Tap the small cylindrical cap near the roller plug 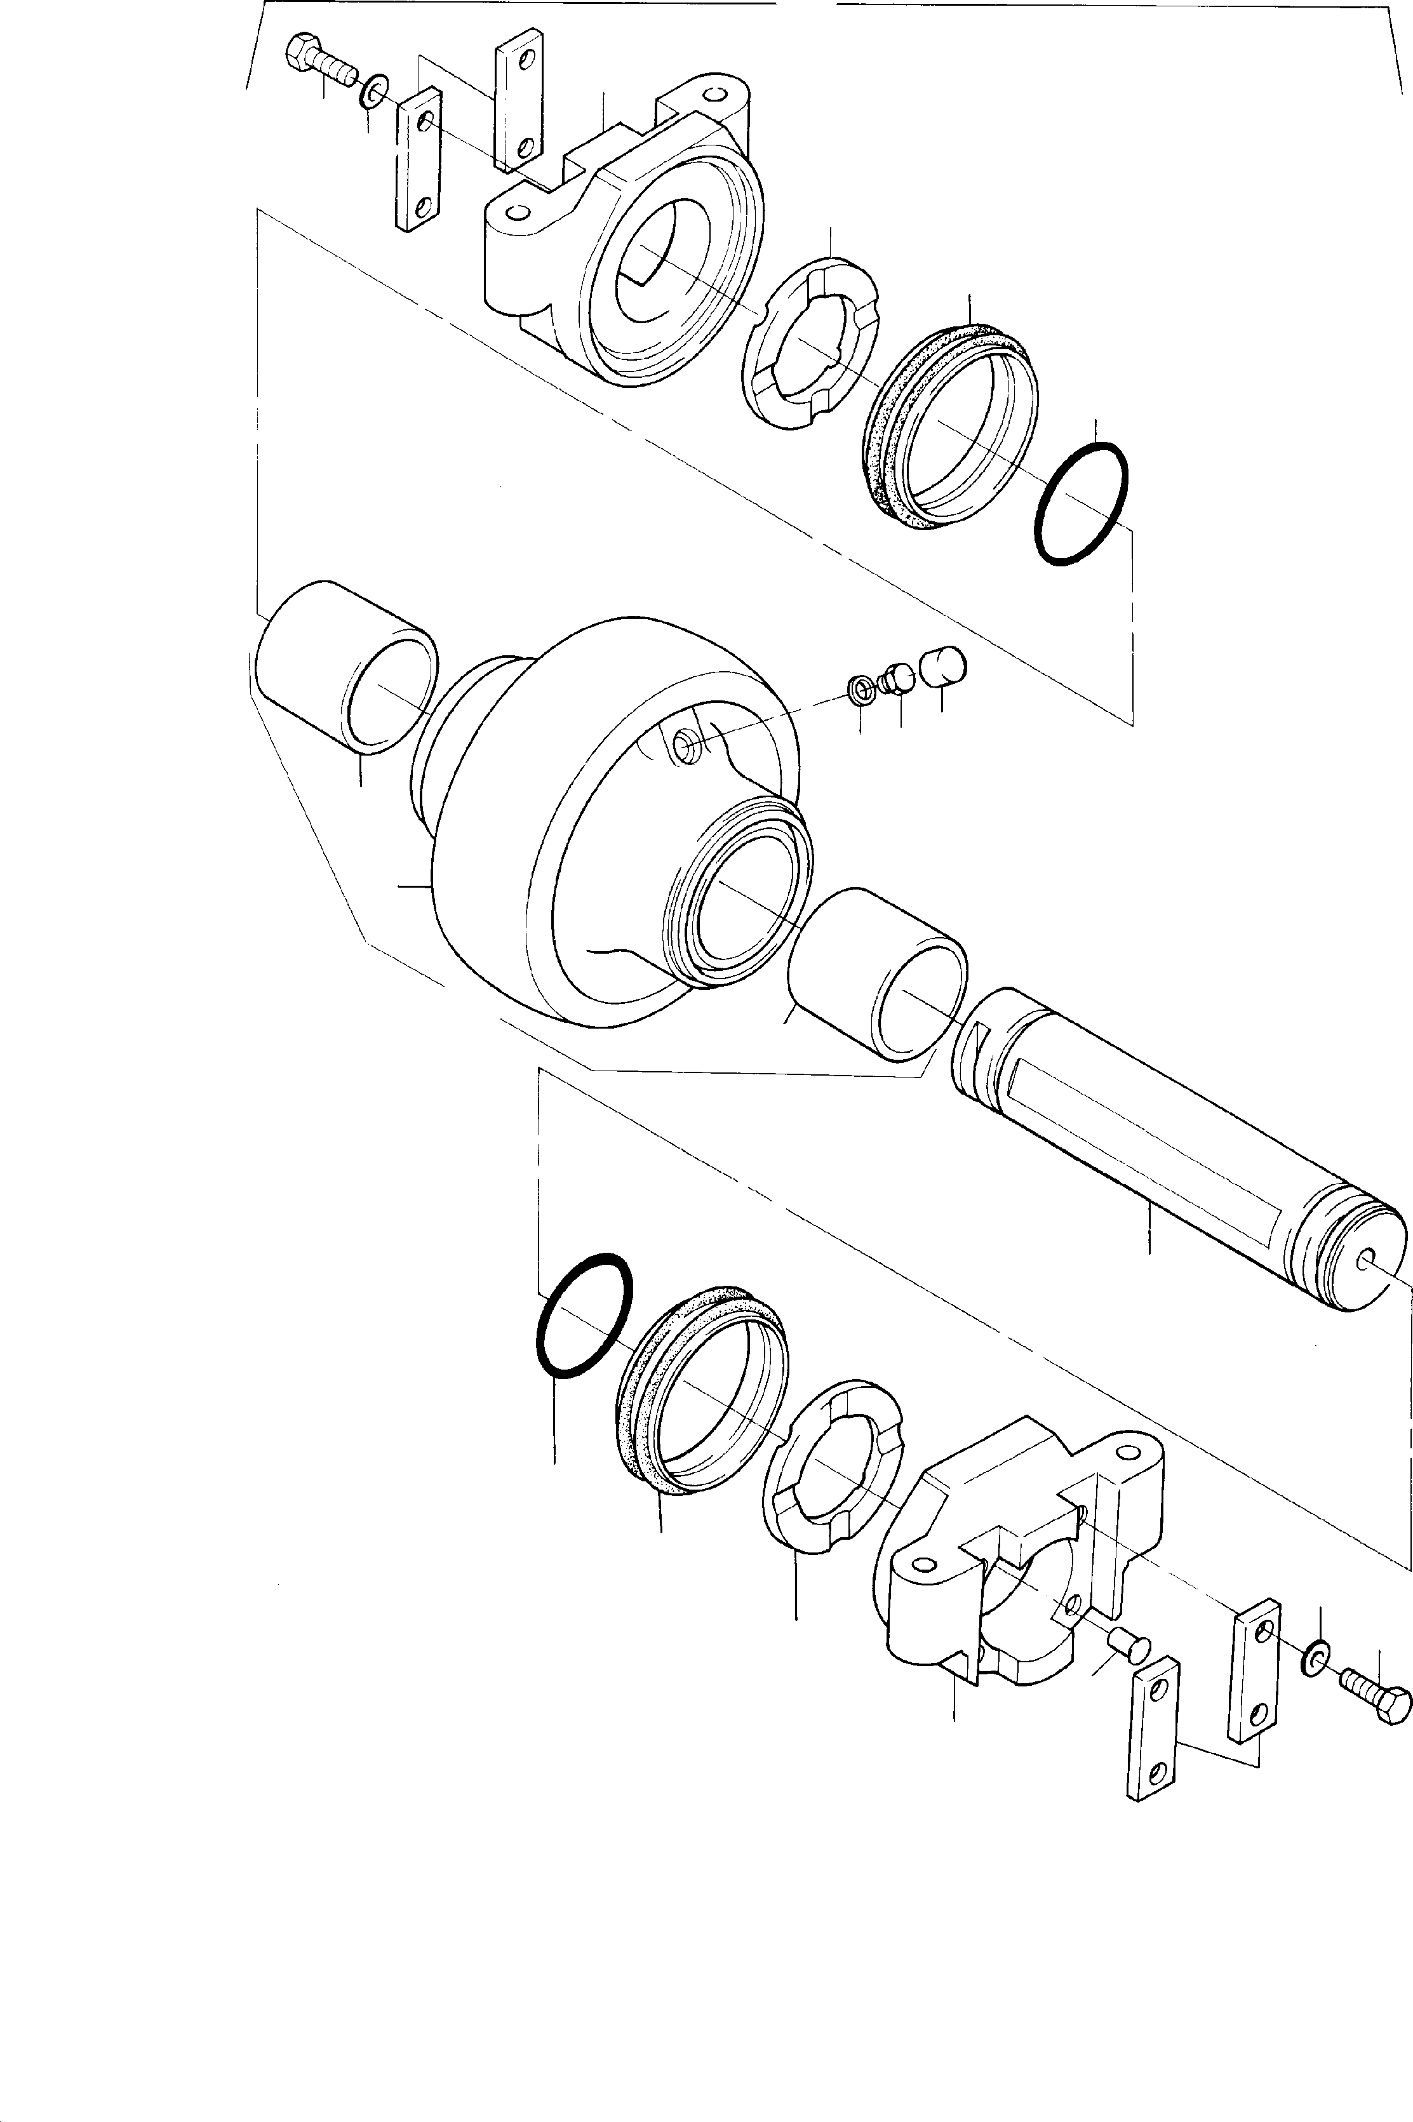942,667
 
